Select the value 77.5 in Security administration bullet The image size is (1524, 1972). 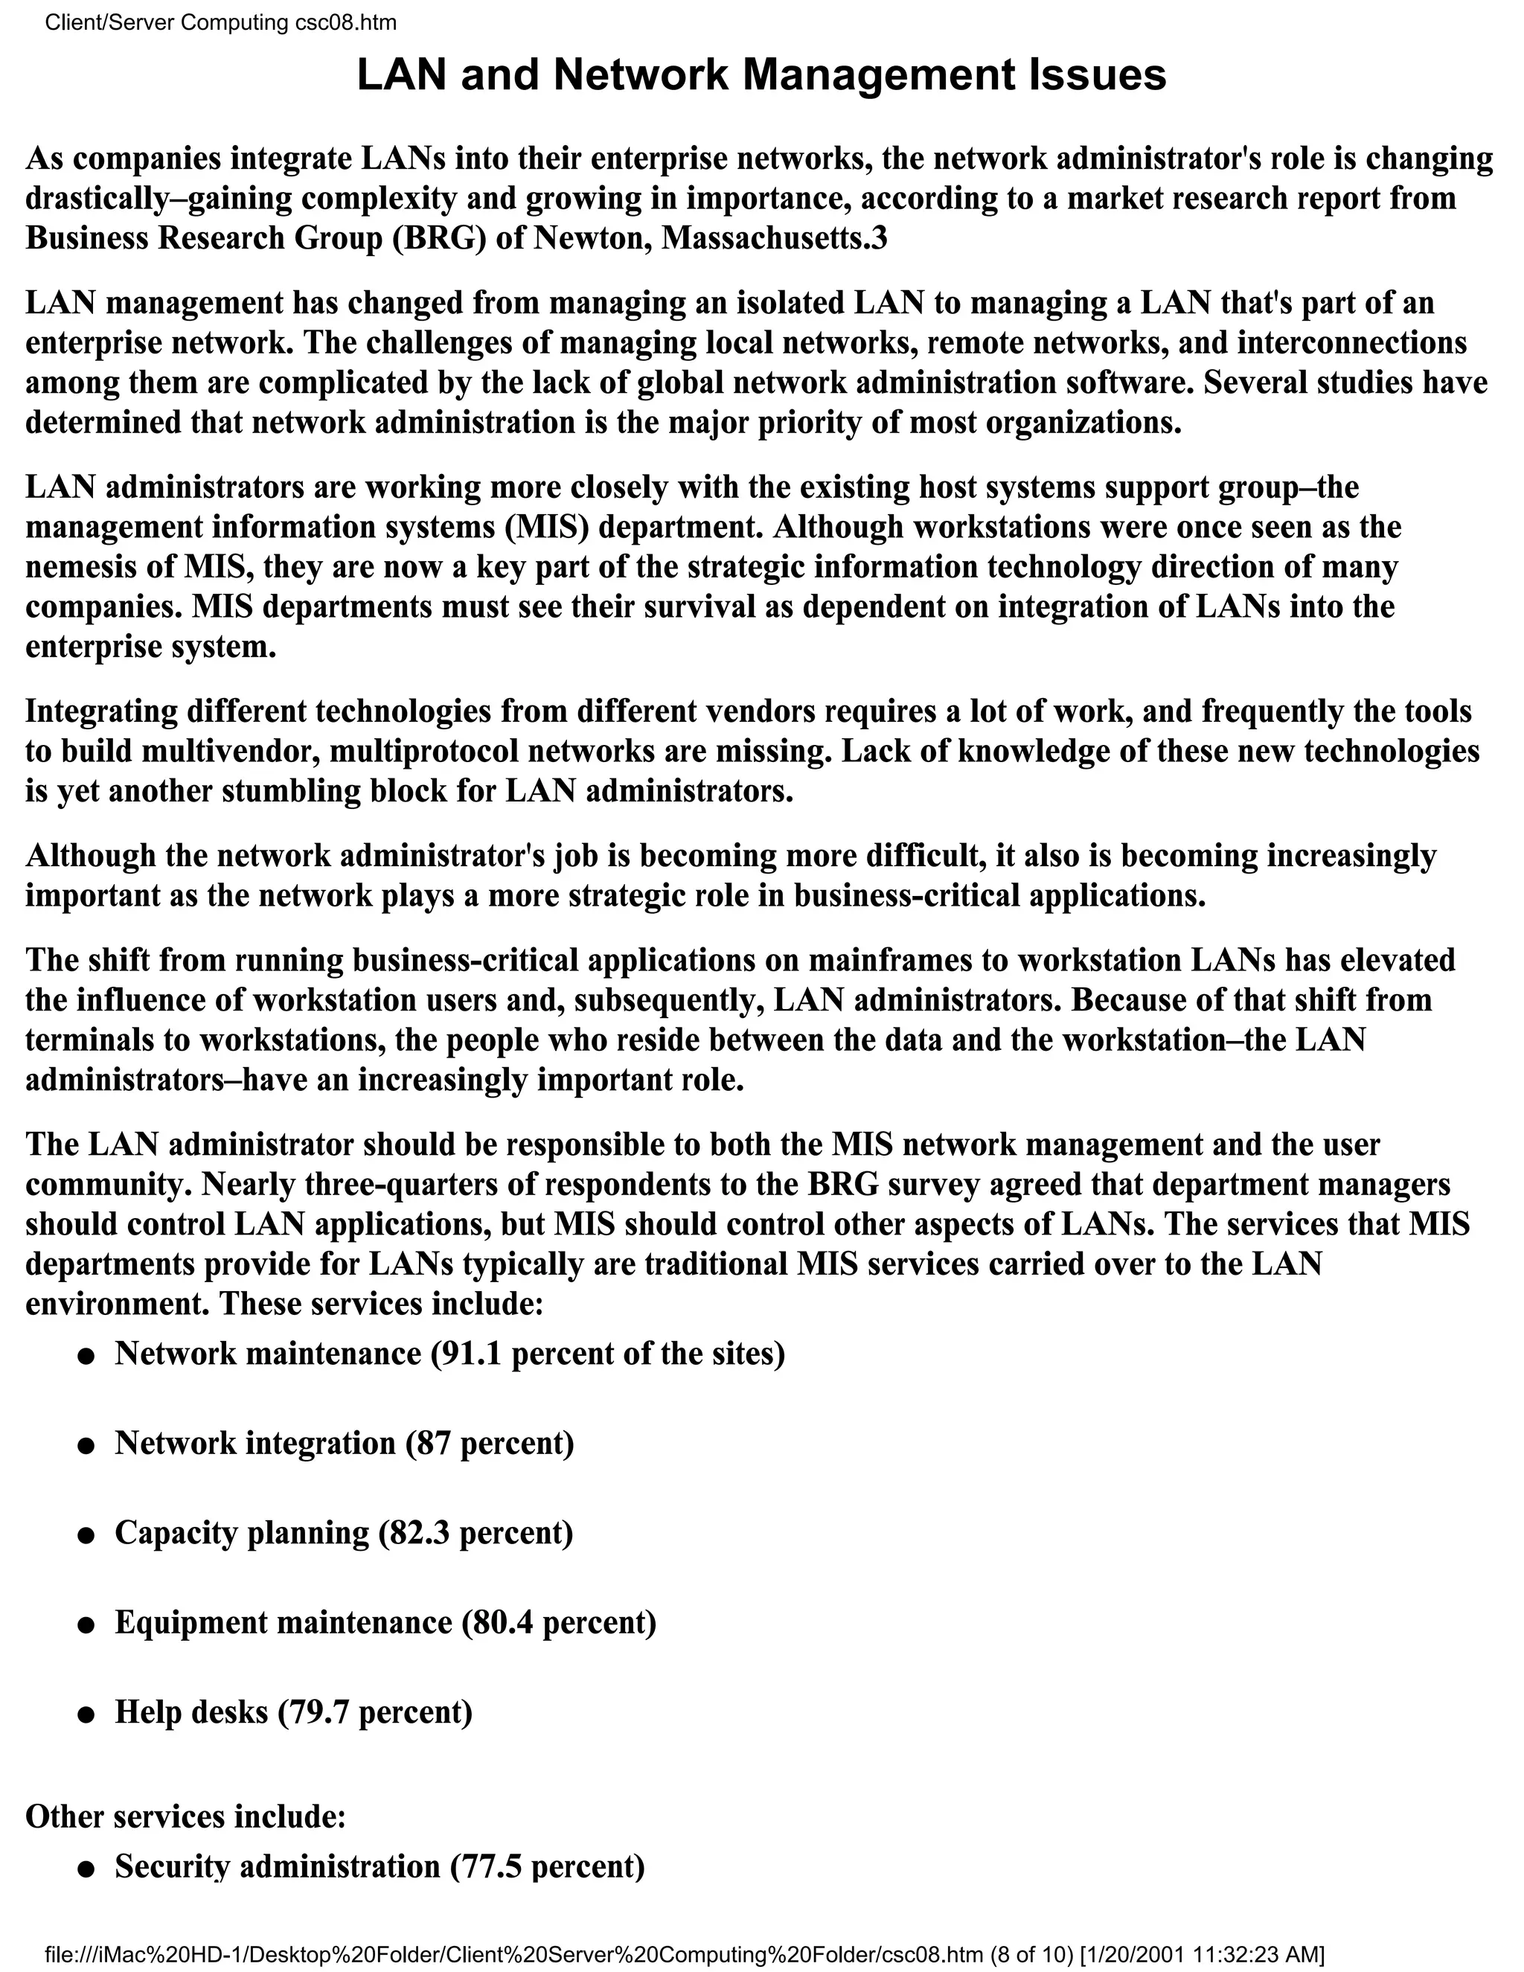(486, 1866)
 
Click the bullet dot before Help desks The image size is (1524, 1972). (86, 1715)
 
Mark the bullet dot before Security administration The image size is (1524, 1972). (86, 1868)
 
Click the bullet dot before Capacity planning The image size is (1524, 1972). (86, 1535)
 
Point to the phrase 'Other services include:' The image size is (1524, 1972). (186, 1816)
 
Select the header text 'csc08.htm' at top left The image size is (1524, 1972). (346, 22)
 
